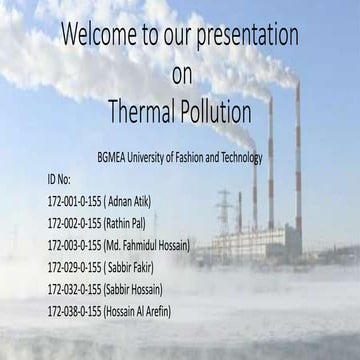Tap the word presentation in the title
pyautogui.click(x=244, y=35)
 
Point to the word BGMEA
pyautogui.click(x=115, y=157)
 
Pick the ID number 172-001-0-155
pyautogui.click(x=75, y=199)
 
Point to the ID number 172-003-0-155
pyautogui.click(x=75, y=244)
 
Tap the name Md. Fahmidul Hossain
pyautogui.click(x=149, y=244)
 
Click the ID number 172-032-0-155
pyautogui.click(x=75, y=289)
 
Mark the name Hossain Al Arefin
pyautogui.click(x=139, y=311)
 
